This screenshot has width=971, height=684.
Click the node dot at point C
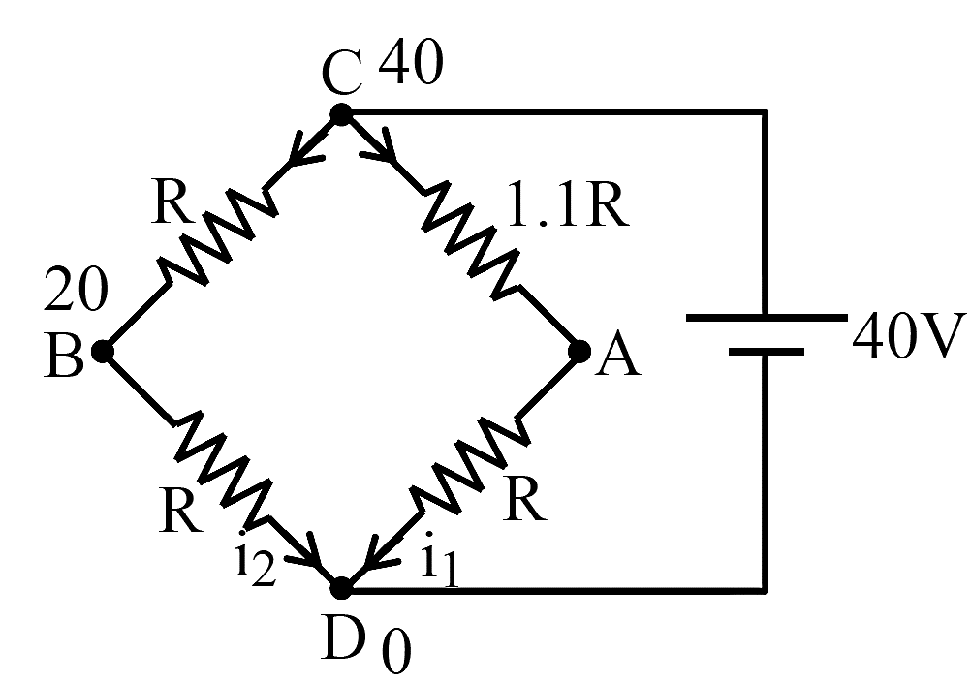point(340,114)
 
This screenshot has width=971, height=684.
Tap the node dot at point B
point(103,351)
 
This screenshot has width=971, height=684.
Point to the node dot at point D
point(340,588)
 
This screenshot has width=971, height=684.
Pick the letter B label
point(64,357)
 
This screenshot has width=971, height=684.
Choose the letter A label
point(617,358)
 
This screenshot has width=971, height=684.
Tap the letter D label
point(342,638)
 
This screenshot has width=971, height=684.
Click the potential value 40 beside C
point(411,62)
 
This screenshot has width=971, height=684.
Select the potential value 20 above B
point(77,289)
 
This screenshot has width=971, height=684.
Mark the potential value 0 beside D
point(396,654)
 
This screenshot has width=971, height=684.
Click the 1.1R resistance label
point(568,204)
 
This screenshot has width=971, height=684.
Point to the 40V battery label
point(910,336)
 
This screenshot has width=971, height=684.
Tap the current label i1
point(440,560)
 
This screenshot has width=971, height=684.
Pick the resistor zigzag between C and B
point(218,236)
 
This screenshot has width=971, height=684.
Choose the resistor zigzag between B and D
point(223,467)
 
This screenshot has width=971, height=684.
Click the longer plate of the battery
point(767,318)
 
